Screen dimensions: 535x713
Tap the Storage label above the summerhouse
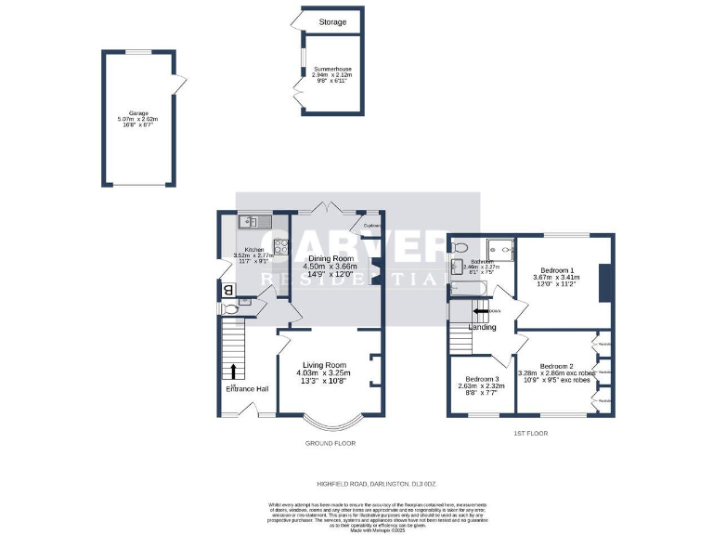tap(332, 22)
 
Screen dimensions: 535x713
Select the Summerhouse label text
tap(332, 70)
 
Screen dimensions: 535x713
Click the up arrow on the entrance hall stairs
tap(232, 372)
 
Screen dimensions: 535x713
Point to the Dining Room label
tap(331, 258)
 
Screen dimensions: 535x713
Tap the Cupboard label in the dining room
tap(371, 225)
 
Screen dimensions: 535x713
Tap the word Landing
tap(482, 327)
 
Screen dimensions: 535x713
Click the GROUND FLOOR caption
tap(330, 443)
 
